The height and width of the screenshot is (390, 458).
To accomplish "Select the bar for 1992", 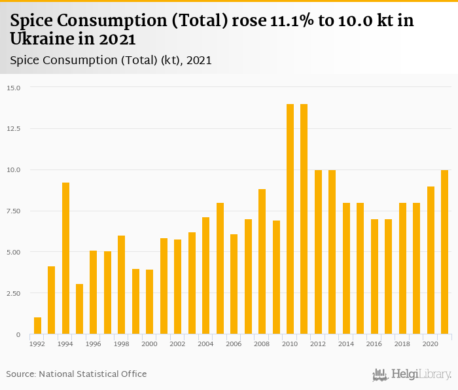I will tap(37, 326).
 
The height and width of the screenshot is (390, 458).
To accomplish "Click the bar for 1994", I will tap(65, 258).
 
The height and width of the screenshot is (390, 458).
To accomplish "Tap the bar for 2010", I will tap(290, 219).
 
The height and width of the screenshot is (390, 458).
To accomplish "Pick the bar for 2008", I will tap(262, 262).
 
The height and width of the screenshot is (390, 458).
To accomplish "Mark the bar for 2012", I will tap(318, 252).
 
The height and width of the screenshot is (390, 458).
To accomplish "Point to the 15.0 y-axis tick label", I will tap(14, 88).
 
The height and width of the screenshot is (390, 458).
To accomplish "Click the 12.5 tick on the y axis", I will tap(14, 129).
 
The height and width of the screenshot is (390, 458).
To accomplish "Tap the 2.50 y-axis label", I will tap(14, 293).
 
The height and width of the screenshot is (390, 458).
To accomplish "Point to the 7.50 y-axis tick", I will tap(14, 211).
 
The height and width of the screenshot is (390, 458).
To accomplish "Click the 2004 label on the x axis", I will tap(205, 343).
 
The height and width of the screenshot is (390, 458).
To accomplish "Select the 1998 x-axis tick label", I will tap(122, 343).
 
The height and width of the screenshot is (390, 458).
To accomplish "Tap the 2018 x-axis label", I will tap(402, 343).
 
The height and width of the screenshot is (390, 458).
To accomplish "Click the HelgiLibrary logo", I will tap(412, 374).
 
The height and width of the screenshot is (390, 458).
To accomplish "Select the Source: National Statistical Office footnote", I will tap(77, 374).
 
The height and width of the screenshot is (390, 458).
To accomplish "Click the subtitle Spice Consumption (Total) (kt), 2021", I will tap(111, 60).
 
